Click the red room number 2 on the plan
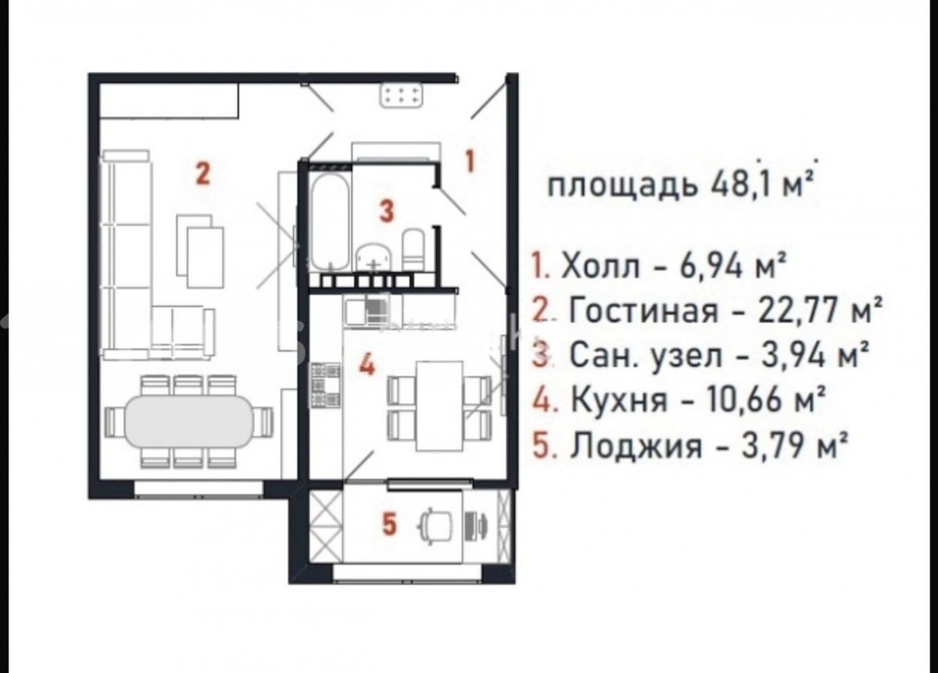coord(203,174)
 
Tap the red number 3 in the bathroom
coord(386,211)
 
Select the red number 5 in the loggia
coord(389,524)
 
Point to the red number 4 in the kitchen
coord(367,364)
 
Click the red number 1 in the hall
coord(471,162)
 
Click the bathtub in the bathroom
coord(330,222)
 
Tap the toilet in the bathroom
coord(414,249)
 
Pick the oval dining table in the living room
coord(189,421)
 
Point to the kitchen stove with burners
coord(325,385)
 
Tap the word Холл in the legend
coord(600,266)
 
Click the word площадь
coord(623,187)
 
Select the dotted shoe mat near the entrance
coord(401,95)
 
